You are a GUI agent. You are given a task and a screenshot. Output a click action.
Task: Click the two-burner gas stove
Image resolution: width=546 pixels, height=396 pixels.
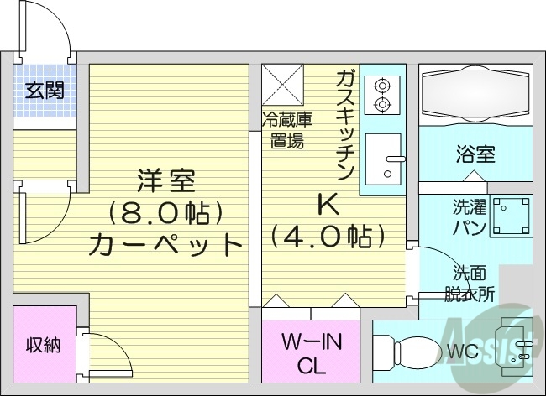384,94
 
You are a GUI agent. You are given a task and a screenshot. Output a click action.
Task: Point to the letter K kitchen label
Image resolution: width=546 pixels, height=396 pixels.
326,204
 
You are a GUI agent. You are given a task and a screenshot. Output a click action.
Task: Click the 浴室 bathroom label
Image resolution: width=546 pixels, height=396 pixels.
475,155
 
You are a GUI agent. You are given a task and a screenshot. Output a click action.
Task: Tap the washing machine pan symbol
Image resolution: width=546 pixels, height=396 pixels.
512,216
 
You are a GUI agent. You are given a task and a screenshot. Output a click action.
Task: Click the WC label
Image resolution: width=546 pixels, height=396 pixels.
462,352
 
